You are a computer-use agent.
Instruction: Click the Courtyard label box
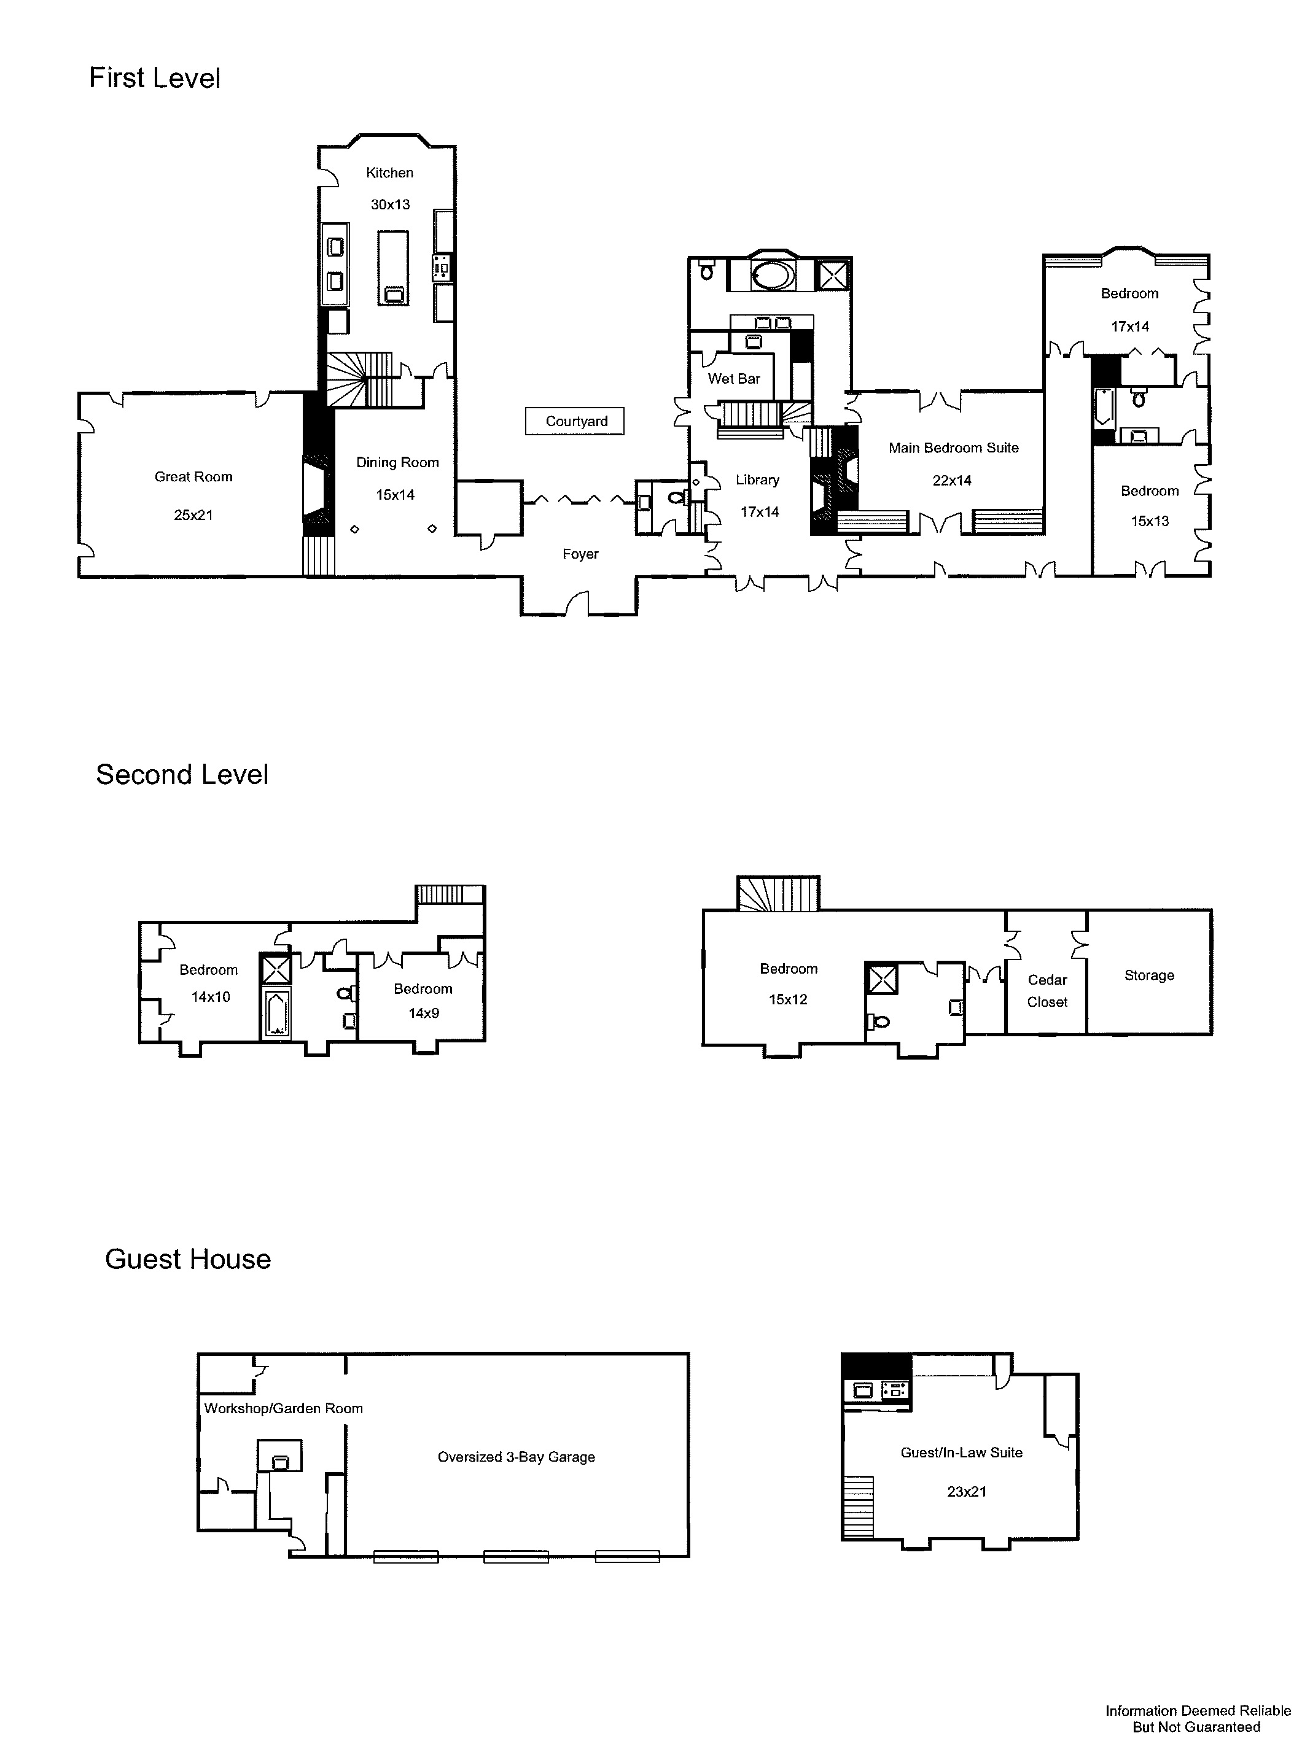[x=575, y=421]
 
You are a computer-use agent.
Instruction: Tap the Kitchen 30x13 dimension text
[x=391, y=204]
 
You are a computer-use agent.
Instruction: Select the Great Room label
[x=193, y=477]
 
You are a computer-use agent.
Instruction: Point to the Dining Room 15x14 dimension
[x=395, y=495]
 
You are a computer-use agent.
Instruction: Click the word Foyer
[x=580, y=554]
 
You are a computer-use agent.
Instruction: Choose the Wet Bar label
[x=734, y=379]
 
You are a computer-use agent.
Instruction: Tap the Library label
[x=757, y=480]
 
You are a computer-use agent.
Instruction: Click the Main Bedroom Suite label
[x=953, y=448]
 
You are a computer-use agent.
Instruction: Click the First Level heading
[x=154, y=78]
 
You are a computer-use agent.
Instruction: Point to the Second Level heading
[x=182, y=775]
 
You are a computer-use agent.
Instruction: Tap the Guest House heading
[x=187, y=1259]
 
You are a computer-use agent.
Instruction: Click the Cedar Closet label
[x=1047, y=991]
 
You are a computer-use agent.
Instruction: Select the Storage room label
[x=1149, y=975]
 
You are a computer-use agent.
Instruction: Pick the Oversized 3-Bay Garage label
[x=517, y=1457]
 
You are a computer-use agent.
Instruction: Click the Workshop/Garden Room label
[x=283, y=1408]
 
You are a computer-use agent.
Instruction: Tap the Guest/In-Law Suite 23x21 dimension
[x=967, y=1492]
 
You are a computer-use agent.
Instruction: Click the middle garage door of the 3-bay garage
[x=516, y=1556]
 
